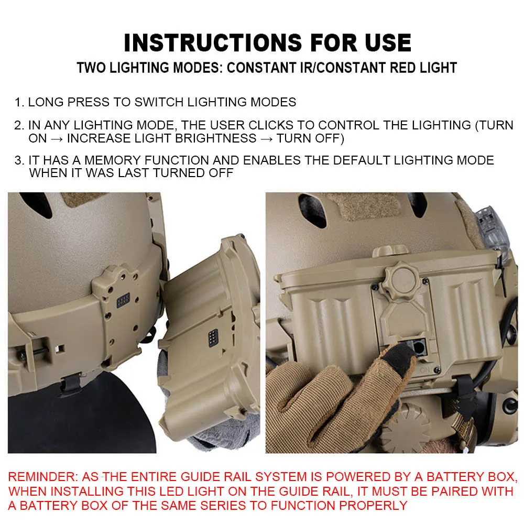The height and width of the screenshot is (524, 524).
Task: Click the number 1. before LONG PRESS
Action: click(x=19, y=102)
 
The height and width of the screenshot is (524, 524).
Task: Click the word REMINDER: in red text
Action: click(x=43, y=476)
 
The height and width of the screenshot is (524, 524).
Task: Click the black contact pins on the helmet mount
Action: click(x=123, y=300)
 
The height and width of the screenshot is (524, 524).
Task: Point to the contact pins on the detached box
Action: click(x=213, y=337)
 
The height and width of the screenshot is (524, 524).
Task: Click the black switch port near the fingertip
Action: click(x=418, y=347)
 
